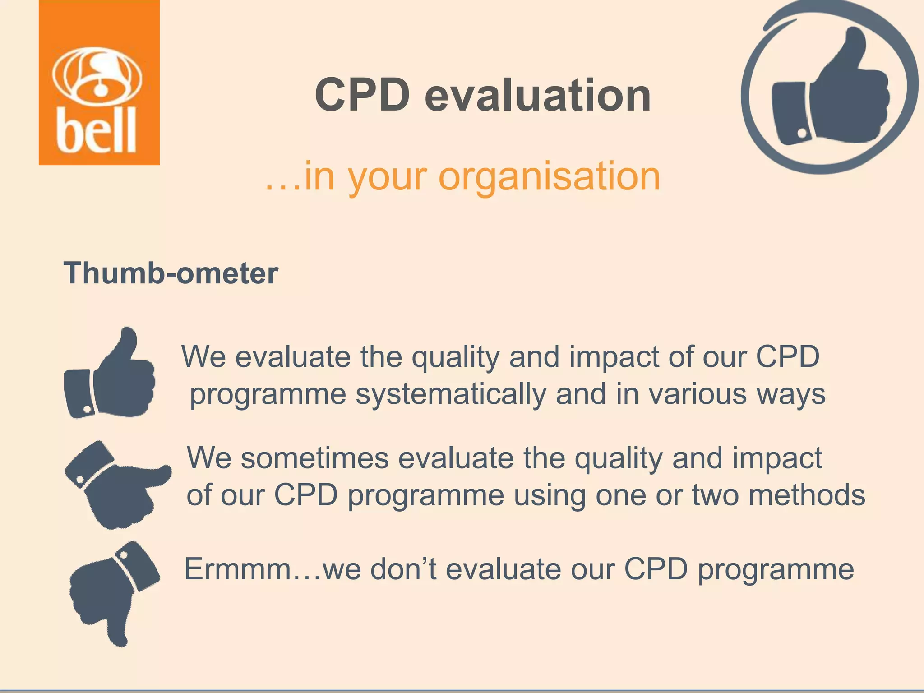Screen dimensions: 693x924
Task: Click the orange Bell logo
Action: pos(99,83)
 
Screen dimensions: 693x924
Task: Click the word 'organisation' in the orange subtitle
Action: pos(549,176)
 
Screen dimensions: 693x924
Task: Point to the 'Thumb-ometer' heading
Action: pos(171,273)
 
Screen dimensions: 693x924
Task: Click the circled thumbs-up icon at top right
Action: pos(829,87)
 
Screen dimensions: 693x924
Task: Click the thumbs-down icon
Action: pos(113,591)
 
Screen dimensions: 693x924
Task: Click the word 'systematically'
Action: pos(450,394)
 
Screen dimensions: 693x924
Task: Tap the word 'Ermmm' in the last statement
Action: pos(237,569)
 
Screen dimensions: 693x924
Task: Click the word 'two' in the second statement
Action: pos(715,495)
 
